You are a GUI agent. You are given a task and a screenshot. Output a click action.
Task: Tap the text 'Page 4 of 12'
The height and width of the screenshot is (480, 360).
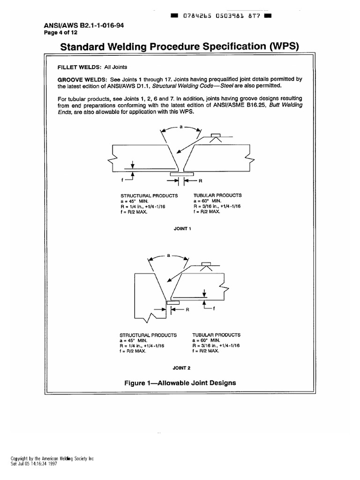point(63,32)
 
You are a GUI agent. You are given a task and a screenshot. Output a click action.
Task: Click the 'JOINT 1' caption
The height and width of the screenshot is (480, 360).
point(180,229)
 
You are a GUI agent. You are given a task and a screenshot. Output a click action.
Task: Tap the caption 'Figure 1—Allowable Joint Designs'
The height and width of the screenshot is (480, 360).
point(180,383)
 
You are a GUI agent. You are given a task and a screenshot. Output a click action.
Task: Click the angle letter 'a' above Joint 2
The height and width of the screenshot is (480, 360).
point(168,255)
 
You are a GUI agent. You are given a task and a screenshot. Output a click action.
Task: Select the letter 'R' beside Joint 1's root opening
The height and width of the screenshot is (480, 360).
point(200,180)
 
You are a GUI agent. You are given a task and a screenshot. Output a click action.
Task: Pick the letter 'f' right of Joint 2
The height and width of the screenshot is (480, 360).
point(214,308)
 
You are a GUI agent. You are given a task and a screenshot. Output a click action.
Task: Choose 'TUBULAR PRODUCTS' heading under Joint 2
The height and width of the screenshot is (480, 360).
point(217,335)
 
